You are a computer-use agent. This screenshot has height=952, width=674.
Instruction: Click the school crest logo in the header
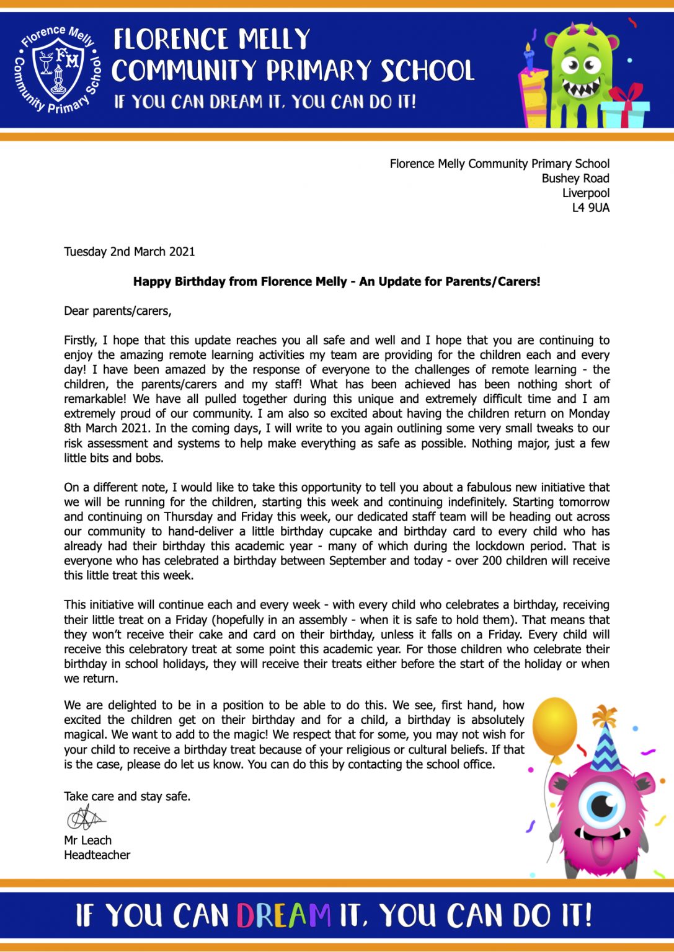pyautogui.click(x=58, y=70)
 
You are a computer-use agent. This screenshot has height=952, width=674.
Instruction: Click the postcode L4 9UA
pyautogui.click(x=590, y=208)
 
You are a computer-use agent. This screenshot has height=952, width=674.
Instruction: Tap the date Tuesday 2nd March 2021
pyautogui.click(x=130, y=252)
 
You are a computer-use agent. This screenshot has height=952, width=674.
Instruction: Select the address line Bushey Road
pyautogui.click(x=575, y=178)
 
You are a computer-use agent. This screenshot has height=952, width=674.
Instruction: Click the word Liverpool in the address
pyautogui.click(x=585, y=193)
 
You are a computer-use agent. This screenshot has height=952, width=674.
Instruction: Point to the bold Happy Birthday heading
pyautogui.click(x=337, y=281)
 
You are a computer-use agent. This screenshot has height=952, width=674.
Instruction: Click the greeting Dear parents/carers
pyautogui.click(x=118, y=311)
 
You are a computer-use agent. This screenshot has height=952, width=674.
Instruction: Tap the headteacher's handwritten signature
pyautogui.click(x=86, y=819)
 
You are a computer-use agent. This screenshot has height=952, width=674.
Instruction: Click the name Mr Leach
pyautogui.click(x=88, y=840)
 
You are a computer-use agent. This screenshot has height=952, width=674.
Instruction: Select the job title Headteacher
pyautogui.click(x=97, y=855)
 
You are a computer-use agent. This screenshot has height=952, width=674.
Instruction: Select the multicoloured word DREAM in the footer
pyautogui.click(x=284, y=915)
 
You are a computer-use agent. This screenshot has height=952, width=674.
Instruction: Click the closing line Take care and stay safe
pyautogui.click(x=127, y=796)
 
